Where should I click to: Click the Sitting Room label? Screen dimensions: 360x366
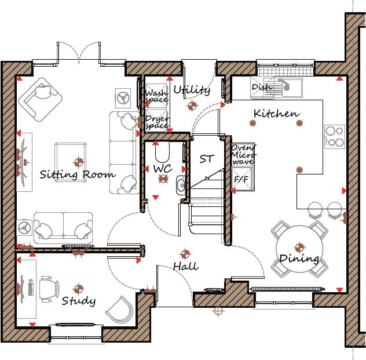pyautogui.click(x=77, y=174)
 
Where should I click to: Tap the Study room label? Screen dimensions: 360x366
pyautogui.click(x=78, y=301)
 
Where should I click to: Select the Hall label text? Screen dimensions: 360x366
pyautogui.click(x=185, y=266)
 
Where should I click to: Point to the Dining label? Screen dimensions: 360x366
pyautogui.click(x=299, y=259)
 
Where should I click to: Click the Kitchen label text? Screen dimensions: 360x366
pyautogui.click(x=276, y=114)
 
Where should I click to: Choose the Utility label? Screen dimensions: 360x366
pyautogui.click(x=191, y=90)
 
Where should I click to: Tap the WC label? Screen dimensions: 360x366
pyautogui.click(x=162, y=168)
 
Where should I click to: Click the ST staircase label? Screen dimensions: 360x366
pyautogui.click(x=207, y=158)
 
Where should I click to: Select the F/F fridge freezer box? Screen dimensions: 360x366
pyautogui.click(x=240, y=180)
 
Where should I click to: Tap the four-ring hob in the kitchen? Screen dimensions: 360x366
pyautogui.click(x=334, y=136)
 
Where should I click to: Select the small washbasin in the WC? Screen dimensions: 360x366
pyautogui.click(x=180, y=186)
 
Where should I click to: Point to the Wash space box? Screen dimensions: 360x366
pyautogui.click(x=156, y=96)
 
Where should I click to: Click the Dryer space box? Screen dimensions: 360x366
pyautogui.click(x=156, y=122)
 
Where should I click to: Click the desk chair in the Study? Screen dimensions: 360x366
pyautogui.click(x=49, y=287)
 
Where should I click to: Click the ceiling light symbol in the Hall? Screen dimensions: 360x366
pyautogui.click(x=185, y=254)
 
